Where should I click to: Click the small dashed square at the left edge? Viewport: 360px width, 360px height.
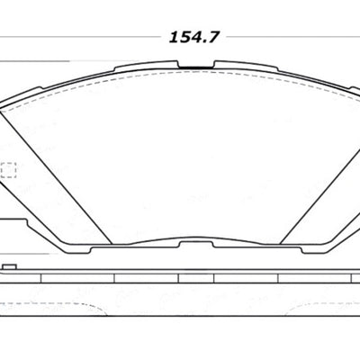(x=10, y=168)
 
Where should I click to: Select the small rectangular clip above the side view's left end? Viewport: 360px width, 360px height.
(x=10, y=267)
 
